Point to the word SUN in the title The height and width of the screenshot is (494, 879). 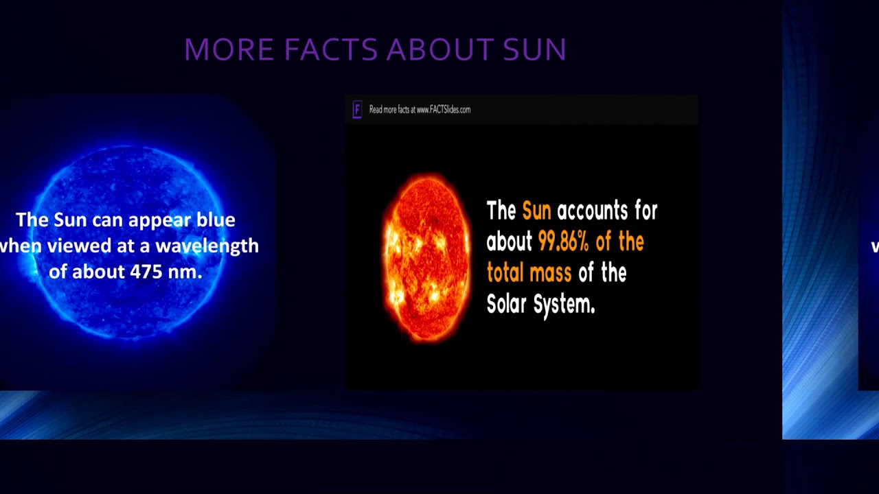click(x=535, y=50)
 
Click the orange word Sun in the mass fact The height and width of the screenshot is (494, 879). click(x=536, y=211)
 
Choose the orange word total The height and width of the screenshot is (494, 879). click(x=507, y=273)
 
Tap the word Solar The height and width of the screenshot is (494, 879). click(x=506, y=304)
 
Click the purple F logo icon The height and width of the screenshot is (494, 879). click(x=357, y=110)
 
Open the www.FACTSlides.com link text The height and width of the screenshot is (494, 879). click(x=443, y=110)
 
